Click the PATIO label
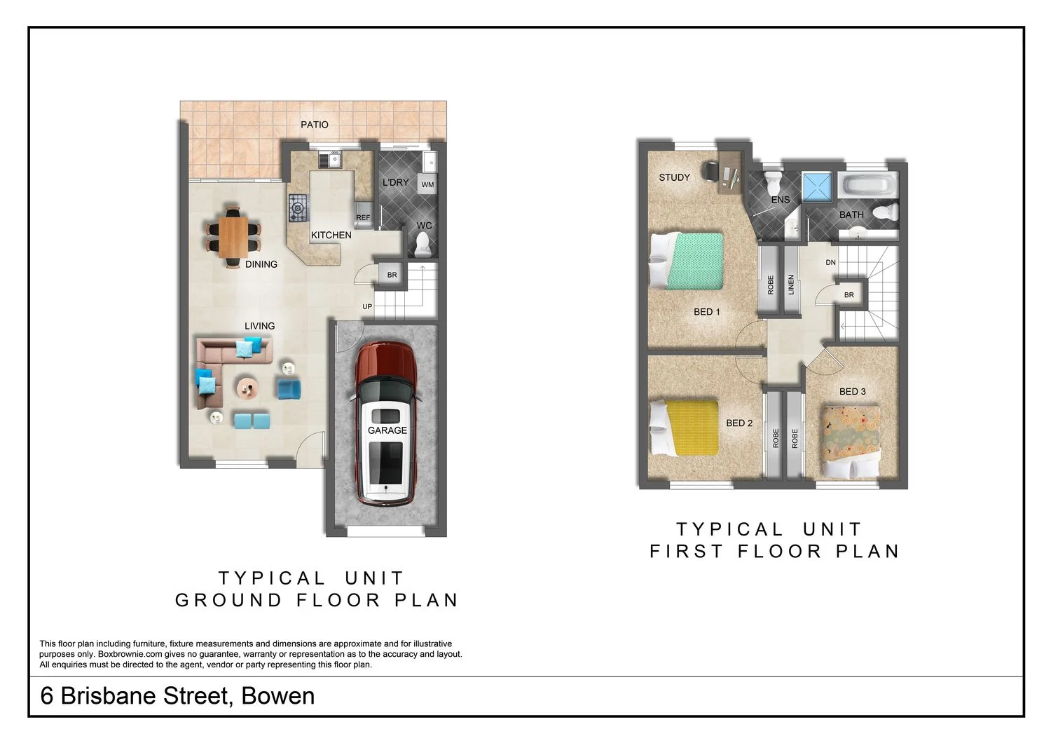315,125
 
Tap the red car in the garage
386,423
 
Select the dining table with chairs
233,236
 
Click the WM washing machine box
427,185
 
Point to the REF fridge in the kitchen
363,217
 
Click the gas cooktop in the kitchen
298,207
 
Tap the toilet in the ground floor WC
423,245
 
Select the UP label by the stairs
367,307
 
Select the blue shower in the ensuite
816,186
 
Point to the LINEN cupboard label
791,284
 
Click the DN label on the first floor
830,263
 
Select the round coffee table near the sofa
247,386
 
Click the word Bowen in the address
277,696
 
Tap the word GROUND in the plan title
228,601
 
